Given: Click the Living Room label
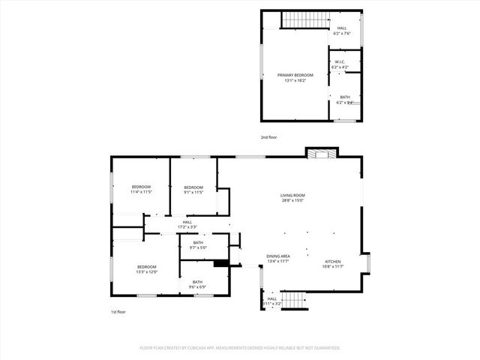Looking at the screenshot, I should click(293, 196).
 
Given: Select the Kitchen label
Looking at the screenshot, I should click(331, 262).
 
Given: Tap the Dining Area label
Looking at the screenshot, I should click(278, 256).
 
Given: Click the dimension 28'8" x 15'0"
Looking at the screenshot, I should click(293, 200).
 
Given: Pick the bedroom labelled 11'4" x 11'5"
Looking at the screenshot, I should click(142, 189).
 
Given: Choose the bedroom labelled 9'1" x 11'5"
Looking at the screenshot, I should click(193, 189).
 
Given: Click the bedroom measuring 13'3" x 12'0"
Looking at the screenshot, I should click(146, 269).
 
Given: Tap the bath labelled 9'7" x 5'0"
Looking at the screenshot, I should click(198, 244).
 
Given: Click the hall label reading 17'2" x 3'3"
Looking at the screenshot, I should click(187, 224).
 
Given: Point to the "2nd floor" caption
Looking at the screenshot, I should click(268, 137).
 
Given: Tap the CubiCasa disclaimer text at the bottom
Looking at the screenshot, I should click(240, 348).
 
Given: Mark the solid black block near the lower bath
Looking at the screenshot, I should click(220, 263).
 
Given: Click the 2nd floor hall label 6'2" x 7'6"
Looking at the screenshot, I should click(342, 31).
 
